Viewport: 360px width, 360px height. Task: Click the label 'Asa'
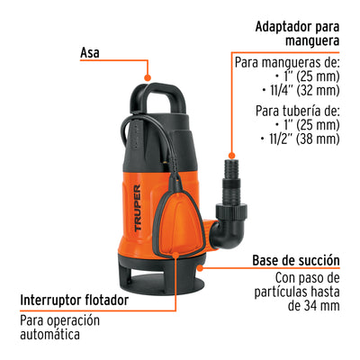(x=89, y=53)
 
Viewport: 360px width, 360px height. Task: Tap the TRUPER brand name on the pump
(x=138, y=208)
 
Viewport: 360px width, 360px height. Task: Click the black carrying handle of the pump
(x=157, y=95)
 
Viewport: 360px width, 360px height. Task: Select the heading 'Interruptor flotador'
(x=75, y=300)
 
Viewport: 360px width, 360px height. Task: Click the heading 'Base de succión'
(x=296, y=260)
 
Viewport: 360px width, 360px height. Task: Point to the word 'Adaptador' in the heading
(x=282, y=27)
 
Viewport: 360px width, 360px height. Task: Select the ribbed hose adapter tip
(x=231, y=169)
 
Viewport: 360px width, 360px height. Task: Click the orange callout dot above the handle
(x=148, y=77)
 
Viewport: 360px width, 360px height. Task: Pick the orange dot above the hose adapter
(x=231, y=156)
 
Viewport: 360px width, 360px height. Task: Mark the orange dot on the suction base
(x=201, y=267)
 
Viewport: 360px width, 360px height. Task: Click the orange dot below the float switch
(x=175, y=256)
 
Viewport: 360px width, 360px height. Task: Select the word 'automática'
(x=49, y=334)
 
